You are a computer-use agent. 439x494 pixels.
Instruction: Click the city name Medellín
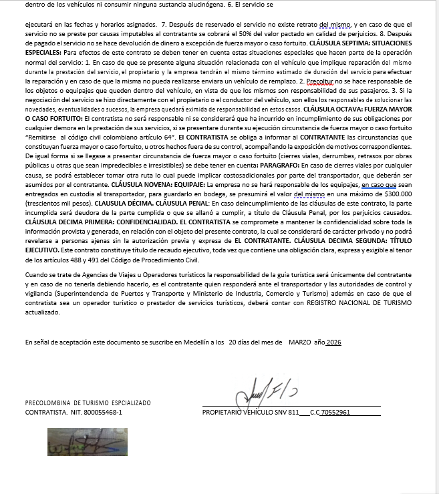(192, 342)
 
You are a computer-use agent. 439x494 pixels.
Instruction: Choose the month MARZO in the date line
(301, 342)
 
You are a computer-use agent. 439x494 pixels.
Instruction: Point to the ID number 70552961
(336, 413)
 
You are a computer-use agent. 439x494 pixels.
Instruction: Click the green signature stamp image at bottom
(88, 441)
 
